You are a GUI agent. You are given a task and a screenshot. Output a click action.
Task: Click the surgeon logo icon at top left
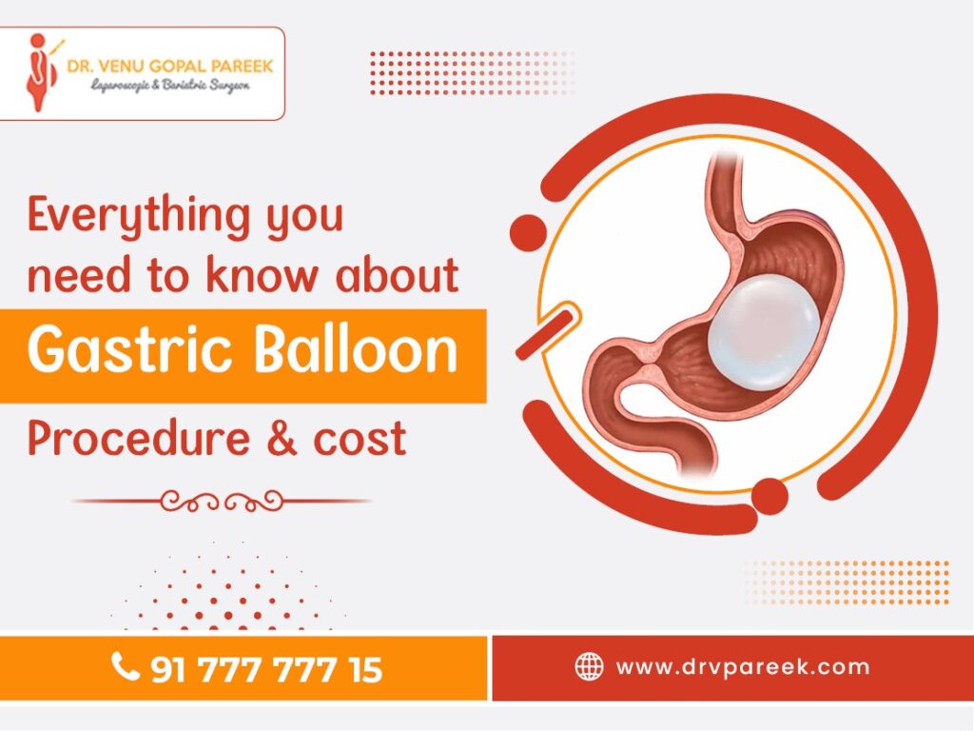pyautogui.click(x=39, y=72)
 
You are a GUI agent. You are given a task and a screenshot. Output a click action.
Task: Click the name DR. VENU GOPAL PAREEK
pyautogui.click(x=169, y=66)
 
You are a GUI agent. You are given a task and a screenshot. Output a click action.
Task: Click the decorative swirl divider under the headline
pyautogui.click(x=222, y=500)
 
